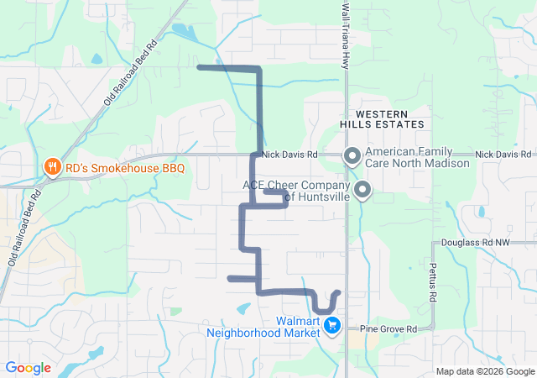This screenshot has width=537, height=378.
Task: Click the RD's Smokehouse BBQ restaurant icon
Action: coord(52,167)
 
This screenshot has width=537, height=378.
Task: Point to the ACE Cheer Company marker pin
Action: coord(362,190)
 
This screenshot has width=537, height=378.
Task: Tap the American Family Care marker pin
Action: coord(352,155)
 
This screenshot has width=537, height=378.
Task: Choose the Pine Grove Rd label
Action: coord(388,329)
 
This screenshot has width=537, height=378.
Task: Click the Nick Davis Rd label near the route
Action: coord(289,155)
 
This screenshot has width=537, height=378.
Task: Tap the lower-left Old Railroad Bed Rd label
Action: coord(24,230)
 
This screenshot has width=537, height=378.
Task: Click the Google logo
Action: coord(28,367)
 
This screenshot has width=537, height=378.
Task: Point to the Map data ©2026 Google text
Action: coord(484,371)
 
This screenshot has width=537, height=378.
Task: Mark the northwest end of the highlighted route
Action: coord(198,66)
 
